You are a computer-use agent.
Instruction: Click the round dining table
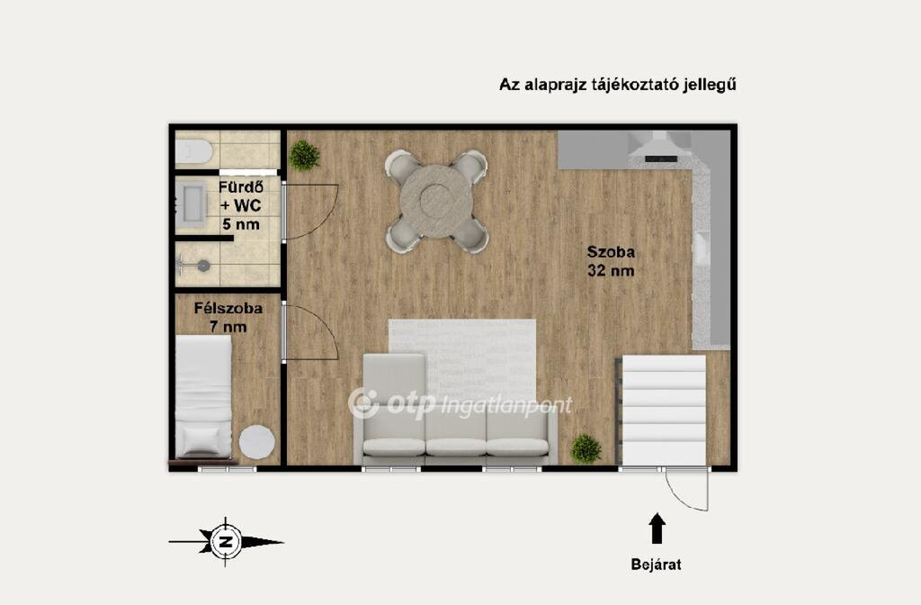pyautogui.click(x=436, y=201)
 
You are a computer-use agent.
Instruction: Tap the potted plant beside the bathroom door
pyautogui.click(x=304, y=155)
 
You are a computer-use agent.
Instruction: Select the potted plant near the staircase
pyautogui.click(x=586, y=448)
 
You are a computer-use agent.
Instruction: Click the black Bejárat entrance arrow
pyautogui.click(x=657, y=528)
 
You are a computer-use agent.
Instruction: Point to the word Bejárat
pyautogui.click(x=656, y=564)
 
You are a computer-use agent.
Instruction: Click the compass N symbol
pyautogui.click(x=225, y=541)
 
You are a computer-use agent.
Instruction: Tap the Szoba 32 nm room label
pyautogui.click(x=611, y=261)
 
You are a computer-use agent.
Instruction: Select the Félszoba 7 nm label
pyautogui.click(x=228, y=318)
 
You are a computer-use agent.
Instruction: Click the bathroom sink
pyautogui.click(x=191, y=203)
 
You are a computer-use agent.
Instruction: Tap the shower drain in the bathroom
pyautogui.click(x=203, y=266)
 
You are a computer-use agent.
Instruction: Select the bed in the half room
pyautogui.click(x=203, y=396)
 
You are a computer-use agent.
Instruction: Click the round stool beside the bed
pyautogui.click(x=256, y=442)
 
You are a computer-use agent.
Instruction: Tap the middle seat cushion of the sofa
pyautogui.click(x=456, y=446)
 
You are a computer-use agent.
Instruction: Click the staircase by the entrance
pyautogui.click(x=663, y=410)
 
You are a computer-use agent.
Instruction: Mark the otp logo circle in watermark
pyautogui.click(x=363, y=403)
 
